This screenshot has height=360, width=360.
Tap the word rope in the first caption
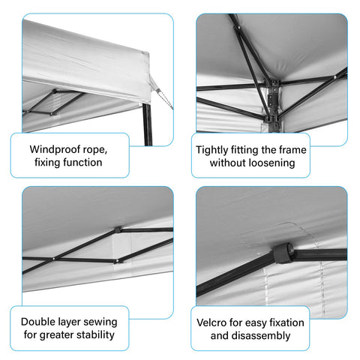tap(95, 150)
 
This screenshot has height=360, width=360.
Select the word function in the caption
tap(82, 162)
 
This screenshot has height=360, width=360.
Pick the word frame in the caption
tap(292, 150)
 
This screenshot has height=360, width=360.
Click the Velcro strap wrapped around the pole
tap(283, 253)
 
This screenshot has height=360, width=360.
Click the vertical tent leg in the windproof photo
tap(148, 124)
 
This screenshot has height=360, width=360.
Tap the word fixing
tap(47, 163)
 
